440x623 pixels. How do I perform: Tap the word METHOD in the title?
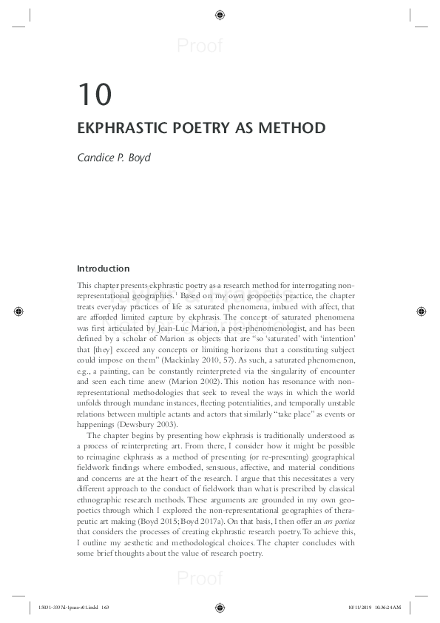click(293, 128)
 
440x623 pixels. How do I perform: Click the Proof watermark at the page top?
click(200, 47)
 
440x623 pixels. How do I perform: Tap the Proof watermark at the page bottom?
click(200, 579)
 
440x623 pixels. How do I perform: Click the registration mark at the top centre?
click(220, 14)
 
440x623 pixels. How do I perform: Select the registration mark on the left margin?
click(19, 311)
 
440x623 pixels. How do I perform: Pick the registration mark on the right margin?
click(421, 311)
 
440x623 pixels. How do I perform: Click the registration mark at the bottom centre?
click(220, 608)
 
